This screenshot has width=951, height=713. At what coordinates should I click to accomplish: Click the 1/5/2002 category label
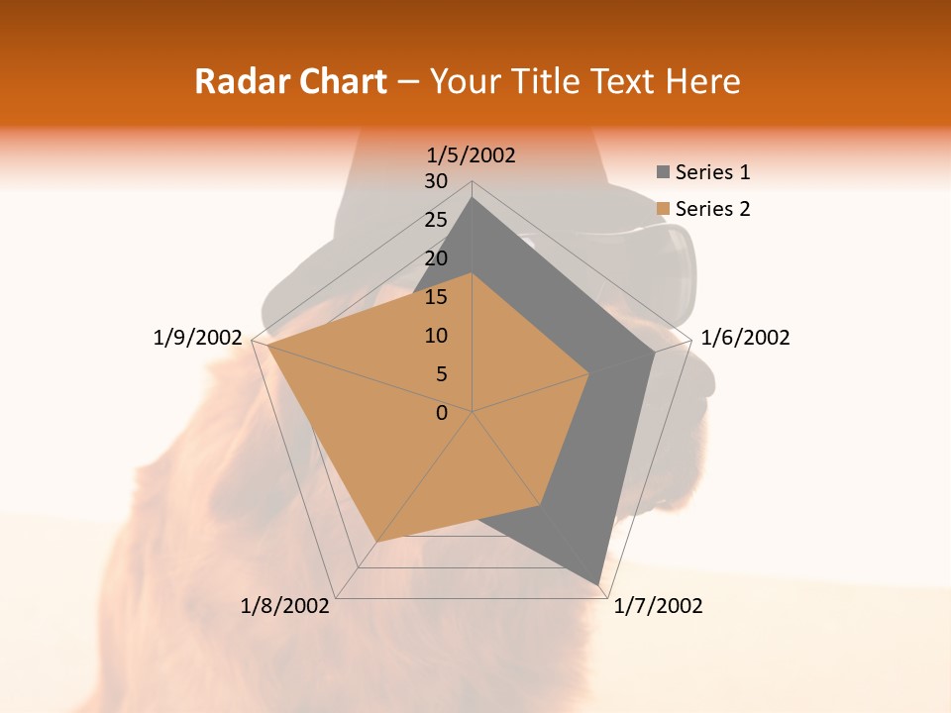tap(471, 154)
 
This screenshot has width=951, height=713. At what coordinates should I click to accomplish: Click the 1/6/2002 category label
tap(745, 338)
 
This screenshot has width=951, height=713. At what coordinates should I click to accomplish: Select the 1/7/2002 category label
tap(658, 606)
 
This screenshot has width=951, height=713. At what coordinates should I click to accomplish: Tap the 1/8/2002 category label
tap(285, 606)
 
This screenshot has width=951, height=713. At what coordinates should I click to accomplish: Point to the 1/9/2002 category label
tap(197, 338)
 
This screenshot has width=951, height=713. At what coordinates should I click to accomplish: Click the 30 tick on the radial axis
tap(436, 181)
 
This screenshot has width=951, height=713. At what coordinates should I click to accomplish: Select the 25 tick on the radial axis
tap(436, 220)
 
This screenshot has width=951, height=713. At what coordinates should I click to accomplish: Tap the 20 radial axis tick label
tap(436, 258)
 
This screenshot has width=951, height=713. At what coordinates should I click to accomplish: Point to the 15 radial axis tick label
tap(436, 297)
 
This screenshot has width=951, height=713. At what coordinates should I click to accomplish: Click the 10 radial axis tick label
tap(436, 336)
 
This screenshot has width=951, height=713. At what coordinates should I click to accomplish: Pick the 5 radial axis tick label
tap(441, 374)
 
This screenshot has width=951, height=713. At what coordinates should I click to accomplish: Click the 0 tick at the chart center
tap(442, 413)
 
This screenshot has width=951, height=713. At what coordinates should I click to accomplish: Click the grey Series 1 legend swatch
tap(663, 172)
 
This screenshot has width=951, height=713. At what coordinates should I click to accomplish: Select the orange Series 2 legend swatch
tap(663, 209)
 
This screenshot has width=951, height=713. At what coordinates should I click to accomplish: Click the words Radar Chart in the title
tap(290, 81)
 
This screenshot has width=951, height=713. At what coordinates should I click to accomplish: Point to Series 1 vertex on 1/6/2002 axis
tap(654, 353)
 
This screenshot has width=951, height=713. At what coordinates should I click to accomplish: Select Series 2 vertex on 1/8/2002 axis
tap(375, 542)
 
